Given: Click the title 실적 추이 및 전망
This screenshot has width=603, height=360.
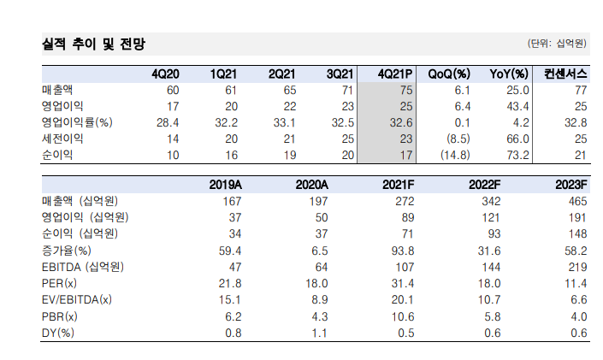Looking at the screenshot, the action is coord(93,44).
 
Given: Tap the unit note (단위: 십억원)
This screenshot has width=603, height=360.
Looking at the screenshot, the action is coord(557,44).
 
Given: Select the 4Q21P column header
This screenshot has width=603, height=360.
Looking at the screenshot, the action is coord(395,74).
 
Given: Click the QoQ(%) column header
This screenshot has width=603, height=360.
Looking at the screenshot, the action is coord(449,74).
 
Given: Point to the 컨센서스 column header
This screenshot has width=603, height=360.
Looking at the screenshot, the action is coord(565,74).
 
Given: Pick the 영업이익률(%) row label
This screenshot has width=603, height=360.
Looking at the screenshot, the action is coord(77,122).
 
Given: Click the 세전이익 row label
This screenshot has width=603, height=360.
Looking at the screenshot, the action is coord(62,139).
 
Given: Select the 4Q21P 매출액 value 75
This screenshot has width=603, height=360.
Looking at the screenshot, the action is coord(406,91).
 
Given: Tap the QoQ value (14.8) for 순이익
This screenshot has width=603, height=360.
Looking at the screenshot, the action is coord(455,155).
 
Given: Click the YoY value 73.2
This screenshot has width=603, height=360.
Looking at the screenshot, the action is coord(517,155).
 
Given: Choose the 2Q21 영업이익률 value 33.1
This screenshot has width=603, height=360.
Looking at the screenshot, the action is coord(285,122).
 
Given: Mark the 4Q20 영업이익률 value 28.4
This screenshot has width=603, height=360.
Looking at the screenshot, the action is coord(168,122).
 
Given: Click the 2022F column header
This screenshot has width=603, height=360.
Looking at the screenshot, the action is coord(485,185).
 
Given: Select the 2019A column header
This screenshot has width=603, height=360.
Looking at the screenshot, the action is coord(225,185).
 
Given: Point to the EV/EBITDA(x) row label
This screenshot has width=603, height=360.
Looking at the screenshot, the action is coord(76,299).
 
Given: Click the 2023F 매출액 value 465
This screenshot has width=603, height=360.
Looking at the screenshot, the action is coord(578,201).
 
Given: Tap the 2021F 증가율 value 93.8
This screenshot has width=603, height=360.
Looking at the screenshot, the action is coord(403,251).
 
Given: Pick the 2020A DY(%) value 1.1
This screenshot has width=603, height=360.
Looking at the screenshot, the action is coord(320,333).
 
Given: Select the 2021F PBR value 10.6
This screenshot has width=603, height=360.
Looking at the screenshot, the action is coord(403,316).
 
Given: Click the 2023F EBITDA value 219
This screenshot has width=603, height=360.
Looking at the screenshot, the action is coord(578,267).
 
